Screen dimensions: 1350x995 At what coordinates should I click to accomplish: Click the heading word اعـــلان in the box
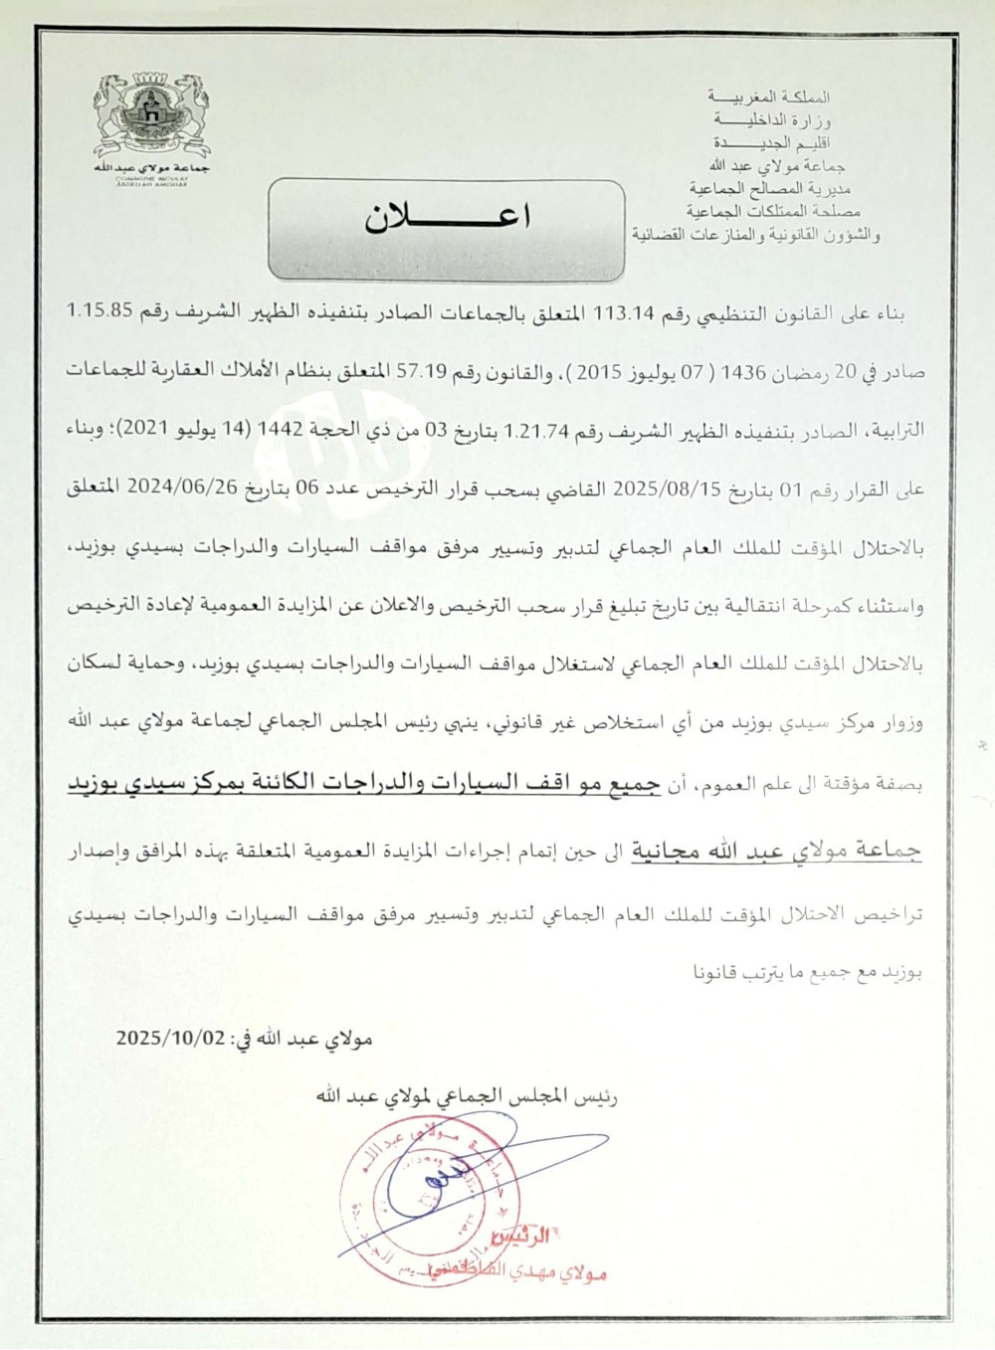pos(447,219)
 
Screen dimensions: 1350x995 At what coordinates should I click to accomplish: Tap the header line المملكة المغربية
pos(768,97)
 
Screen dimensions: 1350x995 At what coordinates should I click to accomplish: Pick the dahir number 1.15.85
pos(99,310)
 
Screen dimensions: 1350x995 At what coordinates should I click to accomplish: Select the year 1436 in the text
pos(744,372)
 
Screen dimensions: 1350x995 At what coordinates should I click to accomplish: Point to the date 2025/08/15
pos(657,488)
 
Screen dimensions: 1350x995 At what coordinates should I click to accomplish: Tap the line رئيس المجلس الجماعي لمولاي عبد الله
pos(466,1096)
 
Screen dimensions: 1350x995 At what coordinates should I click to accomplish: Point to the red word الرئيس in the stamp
pos(522,1239)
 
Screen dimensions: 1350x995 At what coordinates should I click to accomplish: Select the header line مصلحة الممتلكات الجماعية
pos(773,211)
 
